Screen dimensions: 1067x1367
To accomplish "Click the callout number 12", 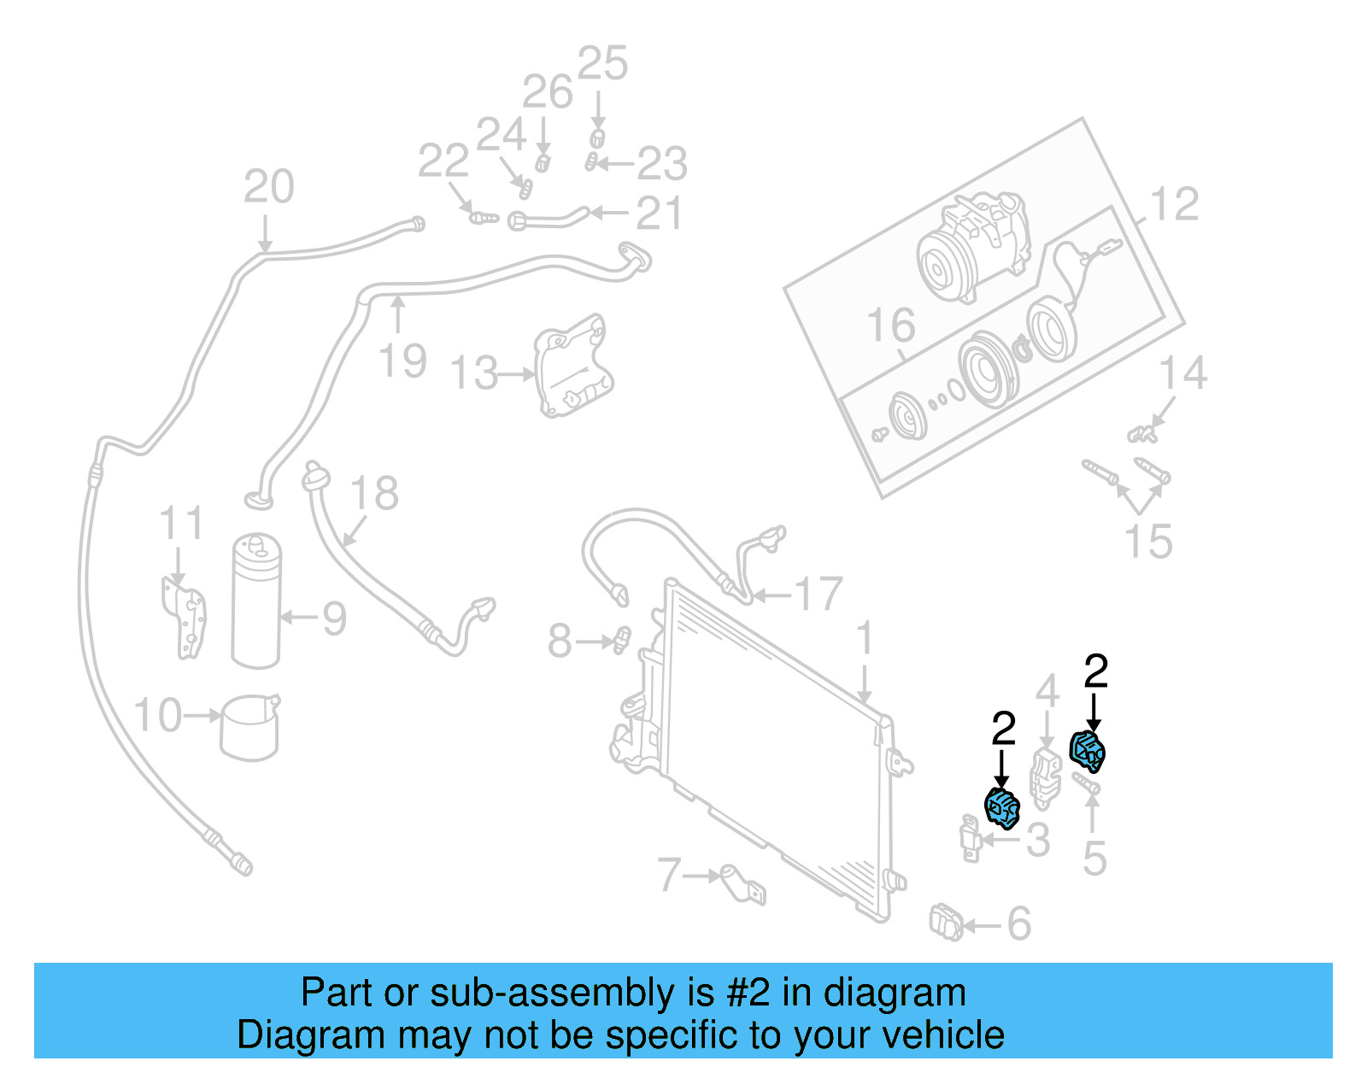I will point(1175,205).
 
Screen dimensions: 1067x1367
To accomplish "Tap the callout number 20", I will point(268,186).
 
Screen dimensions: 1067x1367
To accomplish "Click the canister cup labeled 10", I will point(249,727).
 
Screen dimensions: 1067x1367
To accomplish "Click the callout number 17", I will point(818,595).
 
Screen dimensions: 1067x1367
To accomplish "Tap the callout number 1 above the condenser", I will point(865,638).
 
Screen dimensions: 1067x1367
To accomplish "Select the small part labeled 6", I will point(946,923).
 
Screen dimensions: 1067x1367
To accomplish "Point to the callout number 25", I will point(602,64).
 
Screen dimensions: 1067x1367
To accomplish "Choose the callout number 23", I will point(662,163).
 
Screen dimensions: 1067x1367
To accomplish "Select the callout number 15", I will point(1147,542).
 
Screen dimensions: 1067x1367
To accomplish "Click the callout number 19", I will point(402,361).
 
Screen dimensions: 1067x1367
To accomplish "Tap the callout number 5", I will point(1094,859).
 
